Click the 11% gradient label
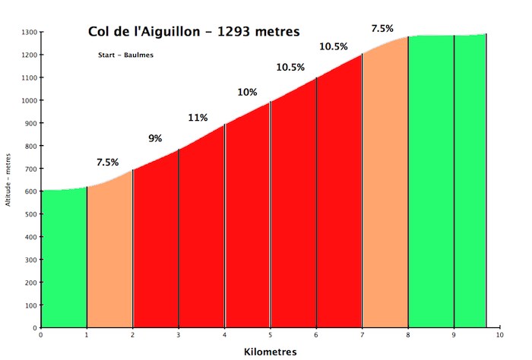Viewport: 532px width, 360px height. (198, 118)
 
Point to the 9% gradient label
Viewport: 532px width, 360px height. (155, 138)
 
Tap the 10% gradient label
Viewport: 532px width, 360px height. (247, 92)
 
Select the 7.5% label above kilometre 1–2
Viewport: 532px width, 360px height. (108, 163)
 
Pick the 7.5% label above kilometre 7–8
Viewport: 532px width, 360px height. (382, 29)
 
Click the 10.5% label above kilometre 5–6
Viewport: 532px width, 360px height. (290, 68)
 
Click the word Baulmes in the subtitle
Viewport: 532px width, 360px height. (138, 55)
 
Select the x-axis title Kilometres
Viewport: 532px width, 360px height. (270, 352)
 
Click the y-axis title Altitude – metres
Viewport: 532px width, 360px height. (8, 180)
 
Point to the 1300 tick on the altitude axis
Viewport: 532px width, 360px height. (29, 33)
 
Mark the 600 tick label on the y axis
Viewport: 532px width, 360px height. (31, 191)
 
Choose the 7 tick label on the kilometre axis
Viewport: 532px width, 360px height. (362, 335)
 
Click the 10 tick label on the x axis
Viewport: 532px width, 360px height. (499, 335)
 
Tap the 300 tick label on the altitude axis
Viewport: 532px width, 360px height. (31, 260)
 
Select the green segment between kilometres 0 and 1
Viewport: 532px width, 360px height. (64, 259)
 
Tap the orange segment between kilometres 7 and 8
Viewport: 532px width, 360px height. (385, 190)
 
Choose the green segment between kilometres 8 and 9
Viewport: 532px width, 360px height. (431, 182)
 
